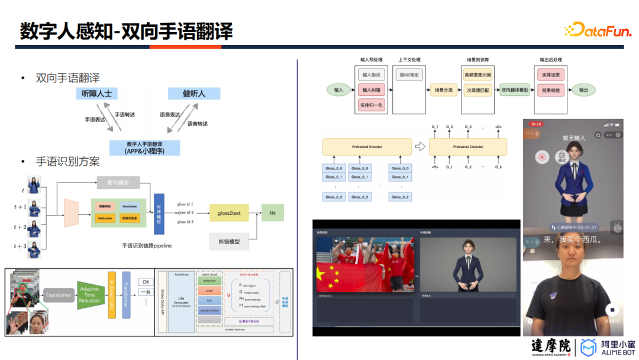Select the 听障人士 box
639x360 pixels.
pyautogui.click(x=97, y=94)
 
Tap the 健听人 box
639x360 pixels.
pyautogui.click(x=193, y=94)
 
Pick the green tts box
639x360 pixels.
pyautogui.click(x=272, y=213)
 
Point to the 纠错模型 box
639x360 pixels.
pyautogui.click(x=229, y=242)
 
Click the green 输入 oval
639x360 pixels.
pyautogui.click(x=338, y=90)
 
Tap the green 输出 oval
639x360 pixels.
pyautogui.click(x=583, y=90)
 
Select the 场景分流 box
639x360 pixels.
pyautogui.click(x=443, y=90)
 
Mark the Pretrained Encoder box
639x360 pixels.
pyautogui.click(x=367, y=147)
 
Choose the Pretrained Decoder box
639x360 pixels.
pyautogui.click(x=468, y=147)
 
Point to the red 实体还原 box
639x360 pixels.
pyautogui.click(x=550, y=75)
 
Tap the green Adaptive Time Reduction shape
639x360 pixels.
pyautogui.click(x=89, y=294)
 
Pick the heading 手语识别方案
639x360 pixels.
pyautogui.click(x=67, y=161)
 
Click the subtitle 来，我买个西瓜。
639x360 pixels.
pyautogui.click(x=572, y=240)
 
